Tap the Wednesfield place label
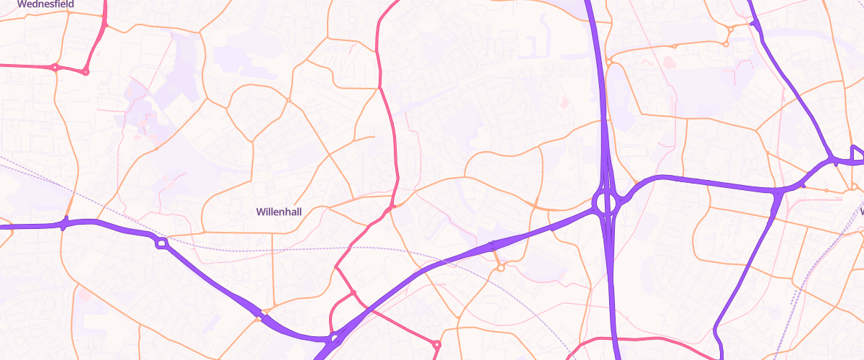pyautogui.click(x=43, y=4)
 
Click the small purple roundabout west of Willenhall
pyautogui.click(x=162, y=243)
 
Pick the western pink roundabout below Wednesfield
pyautogui.click(x=55, y=68)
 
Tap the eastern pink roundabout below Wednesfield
pyautogui.click(x=86, y=71)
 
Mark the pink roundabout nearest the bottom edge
pyautogui.click(x=436, y=345)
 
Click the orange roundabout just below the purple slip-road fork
pyautogui.click(x=500, y=269)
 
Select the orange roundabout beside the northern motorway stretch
pyautogui.click(x=609, y=62)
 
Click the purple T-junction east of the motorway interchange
pyautogui.click(x=779, y=192)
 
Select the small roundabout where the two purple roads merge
pyautogui.click(x=333, y=338)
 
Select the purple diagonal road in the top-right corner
pyautogui.click(x=792, y=79)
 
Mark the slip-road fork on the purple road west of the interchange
pyautogui.click(x=493, y=246)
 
